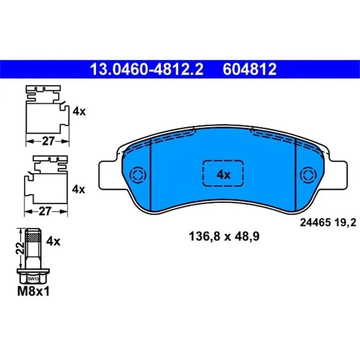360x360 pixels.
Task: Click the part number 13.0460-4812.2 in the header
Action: click(146, 69)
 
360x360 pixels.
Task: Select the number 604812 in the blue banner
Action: click(249, 69)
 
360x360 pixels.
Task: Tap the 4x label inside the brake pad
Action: click(223, 175)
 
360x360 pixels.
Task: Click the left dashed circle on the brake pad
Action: click(138, 175)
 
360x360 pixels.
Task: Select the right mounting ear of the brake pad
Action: click(339, 174)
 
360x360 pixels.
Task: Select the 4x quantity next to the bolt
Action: click(53, 241)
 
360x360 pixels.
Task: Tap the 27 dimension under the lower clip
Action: click(48, 210)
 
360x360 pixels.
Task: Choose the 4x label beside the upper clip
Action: click(78, 111)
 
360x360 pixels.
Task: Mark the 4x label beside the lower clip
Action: click(78, 189)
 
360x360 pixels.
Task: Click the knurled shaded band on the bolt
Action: click(34, 237)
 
